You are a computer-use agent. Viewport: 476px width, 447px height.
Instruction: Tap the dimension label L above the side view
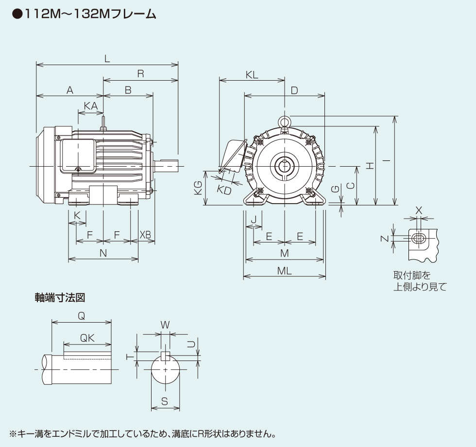click(x=107, y=58)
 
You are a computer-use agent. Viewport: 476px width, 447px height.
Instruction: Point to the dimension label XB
click(x=145, y=235)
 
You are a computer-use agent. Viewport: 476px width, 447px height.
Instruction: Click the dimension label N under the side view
click(x=103, y=253)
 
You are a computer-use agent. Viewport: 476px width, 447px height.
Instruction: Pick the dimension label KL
click(x=252, y=74)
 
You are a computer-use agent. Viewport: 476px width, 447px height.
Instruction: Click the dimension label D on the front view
click(x=294, y=90)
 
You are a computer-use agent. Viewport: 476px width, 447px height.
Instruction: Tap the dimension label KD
click(x=224, y=190)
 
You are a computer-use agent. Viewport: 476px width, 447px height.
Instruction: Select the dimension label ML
click(x=284, y=271)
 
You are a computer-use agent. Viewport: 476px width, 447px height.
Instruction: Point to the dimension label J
click(x=253, y=220)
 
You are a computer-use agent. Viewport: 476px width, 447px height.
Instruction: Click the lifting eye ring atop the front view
click(x=284, y=120)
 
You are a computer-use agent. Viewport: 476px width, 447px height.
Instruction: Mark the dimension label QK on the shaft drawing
click(x=87, y=338)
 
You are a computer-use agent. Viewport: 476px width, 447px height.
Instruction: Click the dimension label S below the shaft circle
click(x=165, y=401)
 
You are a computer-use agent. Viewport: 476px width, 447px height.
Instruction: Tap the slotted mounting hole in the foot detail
click(x=419, y=239)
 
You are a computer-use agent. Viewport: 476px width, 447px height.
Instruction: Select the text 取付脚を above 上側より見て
click(x=412, y=275)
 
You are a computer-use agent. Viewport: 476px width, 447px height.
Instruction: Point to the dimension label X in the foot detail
click(x=419, y=210)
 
